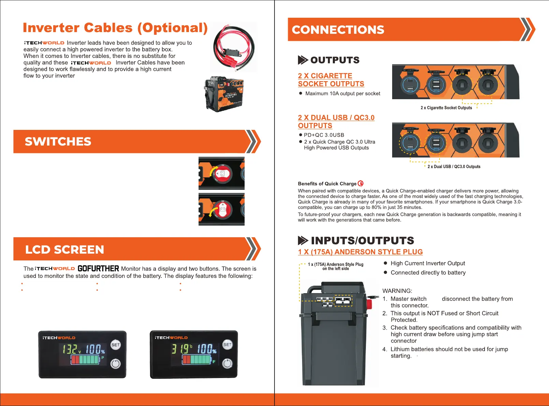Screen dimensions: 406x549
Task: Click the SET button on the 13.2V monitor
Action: pos(116,345)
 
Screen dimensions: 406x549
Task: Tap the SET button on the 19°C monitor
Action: pos(227,345)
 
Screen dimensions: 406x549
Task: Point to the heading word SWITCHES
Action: pos(58,141)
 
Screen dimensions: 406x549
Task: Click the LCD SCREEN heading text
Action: pos(64,250)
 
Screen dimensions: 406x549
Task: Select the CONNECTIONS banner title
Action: pos(338,30)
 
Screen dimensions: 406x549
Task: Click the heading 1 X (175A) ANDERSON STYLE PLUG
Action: pos(360,252)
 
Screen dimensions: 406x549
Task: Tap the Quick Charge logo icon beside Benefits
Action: pos(360,183)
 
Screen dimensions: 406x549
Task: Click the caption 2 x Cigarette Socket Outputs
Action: pos(446,108)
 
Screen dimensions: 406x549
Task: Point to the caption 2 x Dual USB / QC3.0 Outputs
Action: pos(454,167)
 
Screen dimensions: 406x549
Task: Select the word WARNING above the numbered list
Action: pos(397,291)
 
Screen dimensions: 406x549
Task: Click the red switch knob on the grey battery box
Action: pos(369,303)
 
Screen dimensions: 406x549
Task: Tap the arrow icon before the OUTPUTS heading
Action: pos(302,60)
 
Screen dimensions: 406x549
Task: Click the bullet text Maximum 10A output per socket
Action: pos(342,93)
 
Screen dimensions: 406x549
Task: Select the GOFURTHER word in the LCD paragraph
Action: pos(98,269)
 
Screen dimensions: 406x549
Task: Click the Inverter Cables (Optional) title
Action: pos(115,28)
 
